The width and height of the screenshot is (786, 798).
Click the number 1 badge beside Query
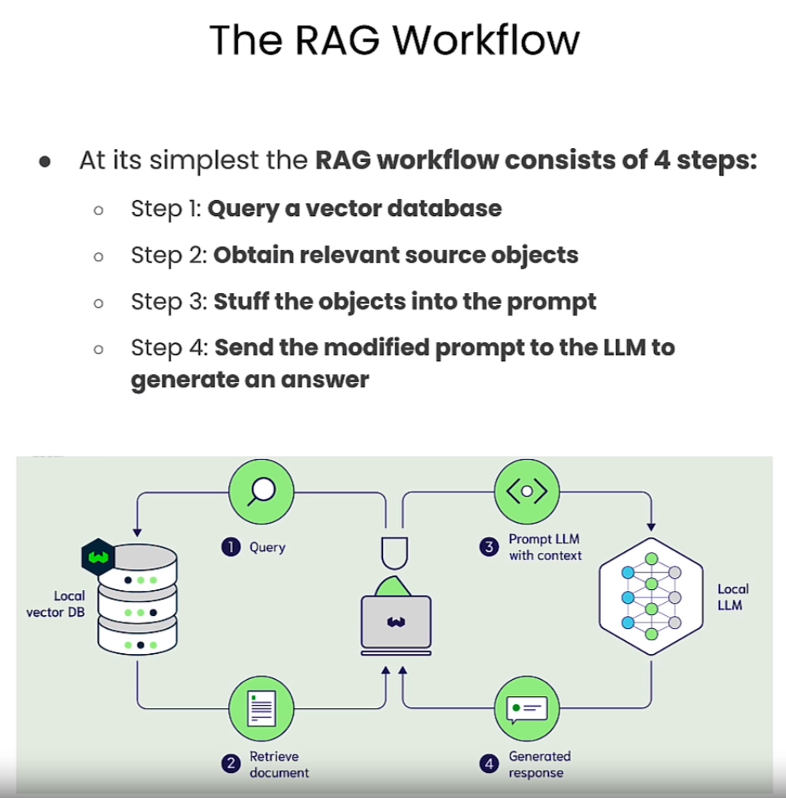click(x=231, y=547)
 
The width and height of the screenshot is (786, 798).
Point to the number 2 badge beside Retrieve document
click(x=231, y=764)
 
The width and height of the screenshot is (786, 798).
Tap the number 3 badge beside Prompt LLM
click(x=489, y=547)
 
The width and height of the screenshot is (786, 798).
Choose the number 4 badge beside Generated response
click(x=489, y=764)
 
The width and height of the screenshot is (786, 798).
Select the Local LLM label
click(x=733, y=597)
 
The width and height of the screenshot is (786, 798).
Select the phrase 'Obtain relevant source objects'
click(x=396, y=256)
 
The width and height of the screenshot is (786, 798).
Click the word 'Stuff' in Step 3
click(x=241, y=302)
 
